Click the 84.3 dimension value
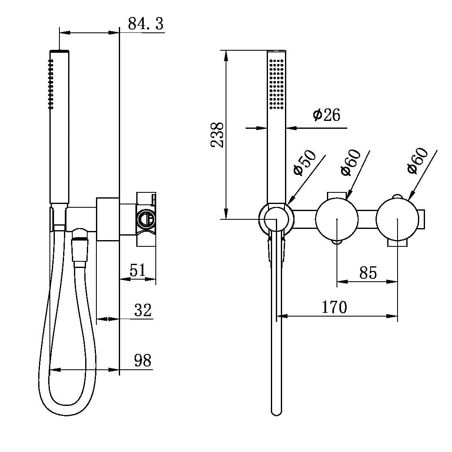(x=145, y=24)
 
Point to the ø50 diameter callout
(x=304, y=163)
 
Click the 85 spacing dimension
(x=368, y=273)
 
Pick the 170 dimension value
(x=334, y=307)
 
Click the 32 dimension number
(x=143, y=310)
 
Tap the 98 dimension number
(x=142, y=361)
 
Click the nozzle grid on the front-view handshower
(x=276, y=84)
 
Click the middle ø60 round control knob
(x=337, y=219)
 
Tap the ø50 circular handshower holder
(x=276, y=219)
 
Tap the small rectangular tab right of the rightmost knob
(x=422, y=219)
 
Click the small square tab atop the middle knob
(x=337, y=195)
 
